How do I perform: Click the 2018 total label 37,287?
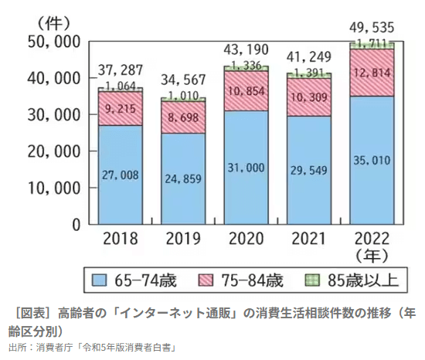click(x=120, y=71)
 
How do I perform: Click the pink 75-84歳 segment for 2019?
click(x=183, y=117)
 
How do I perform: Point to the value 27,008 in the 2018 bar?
click(x=120, y=175)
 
